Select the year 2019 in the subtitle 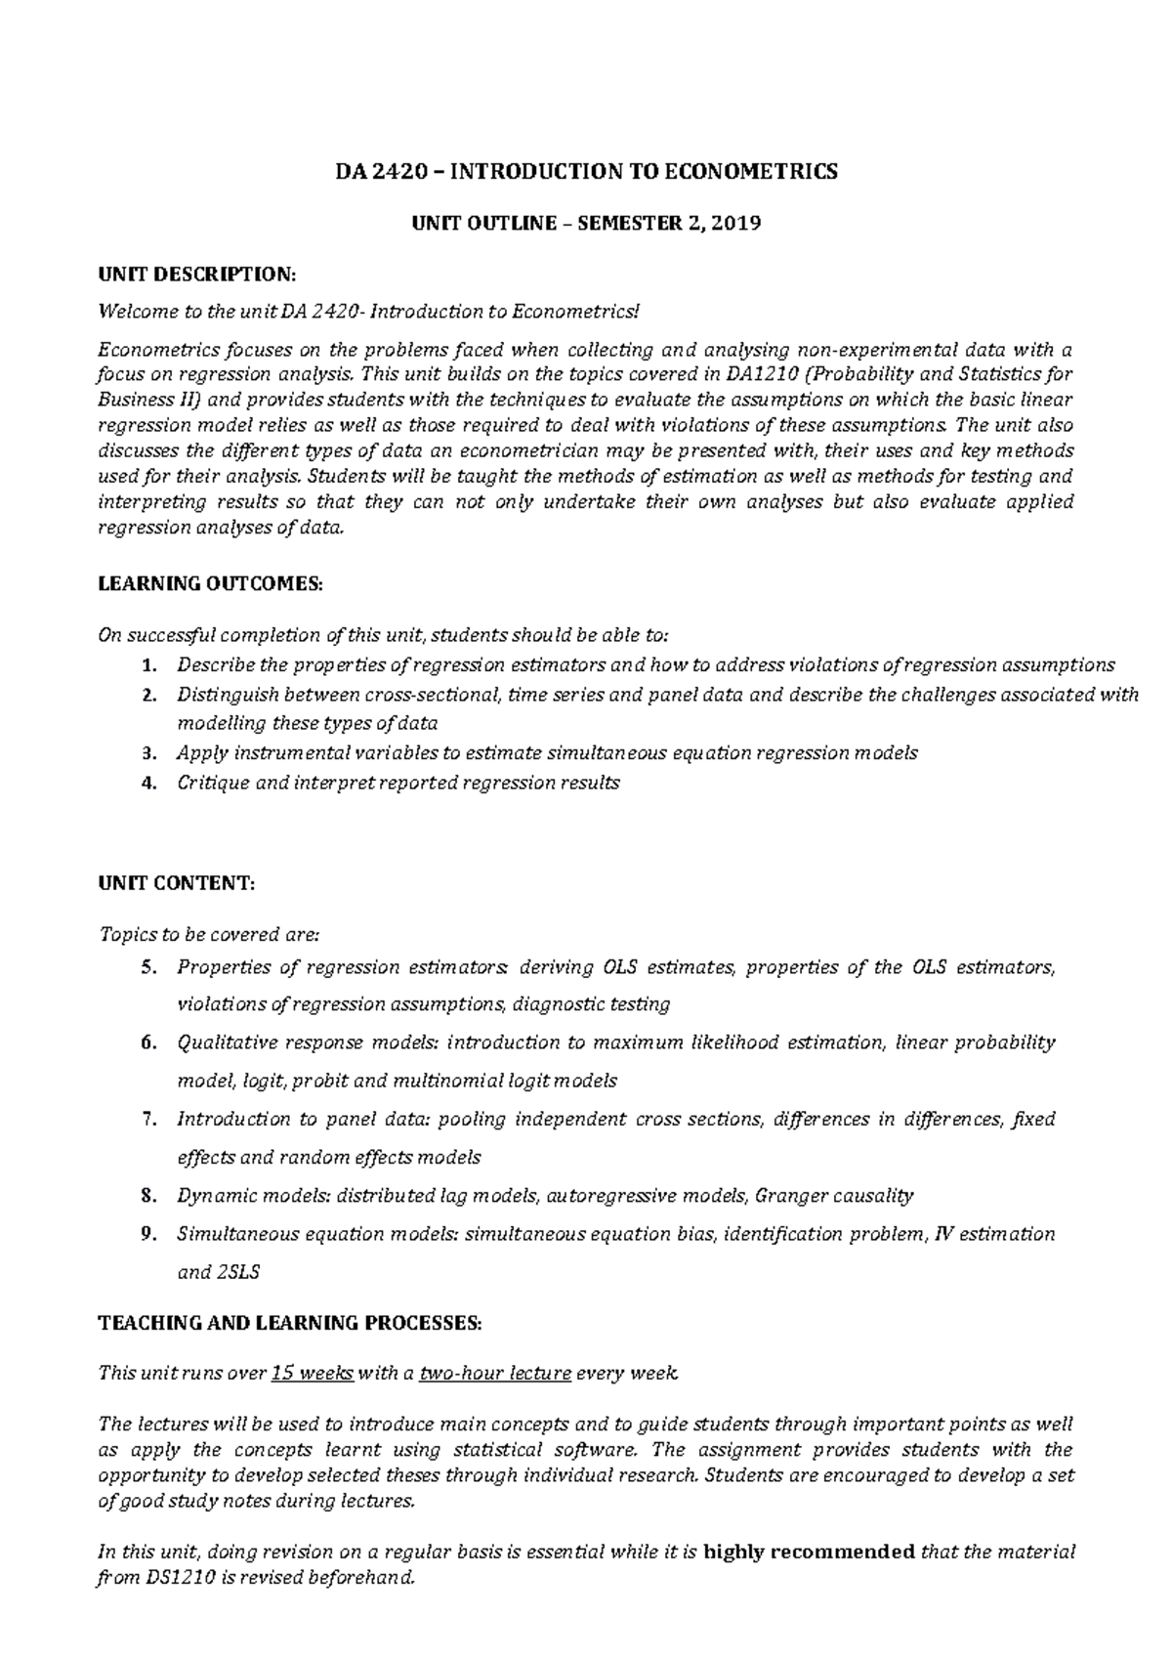pos(735,224)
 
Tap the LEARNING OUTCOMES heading pos(209,584)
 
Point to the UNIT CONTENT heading pos(176,883)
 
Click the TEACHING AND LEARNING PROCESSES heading pos(290,1324)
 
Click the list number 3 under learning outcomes pos(147,753)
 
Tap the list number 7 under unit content pos(147,1120)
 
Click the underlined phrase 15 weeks pos(312,1373)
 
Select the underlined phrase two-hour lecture pos(494,1373)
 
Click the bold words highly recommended pos(809,1552)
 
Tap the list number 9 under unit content pos(147,1234)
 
